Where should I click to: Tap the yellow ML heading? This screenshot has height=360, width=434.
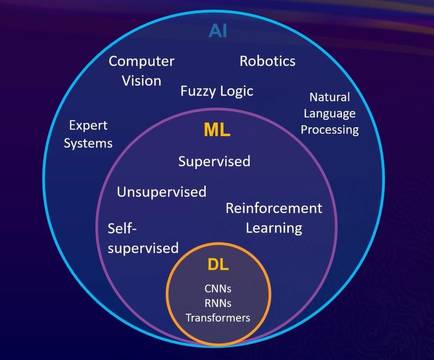point(217,131)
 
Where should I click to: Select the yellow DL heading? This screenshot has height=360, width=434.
point(218,264)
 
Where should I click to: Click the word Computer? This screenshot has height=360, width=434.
point(141,61)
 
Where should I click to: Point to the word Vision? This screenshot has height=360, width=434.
point(141,81)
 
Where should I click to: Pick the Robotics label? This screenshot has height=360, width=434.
point(268,61)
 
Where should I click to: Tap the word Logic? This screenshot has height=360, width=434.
point(237,91)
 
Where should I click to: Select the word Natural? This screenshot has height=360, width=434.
point(330,97)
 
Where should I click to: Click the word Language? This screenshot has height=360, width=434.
point(330,113)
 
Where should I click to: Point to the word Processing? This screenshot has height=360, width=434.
point(330,129)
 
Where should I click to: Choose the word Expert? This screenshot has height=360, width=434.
point(88,125)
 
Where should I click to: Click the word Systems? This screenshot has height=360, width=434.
point(88,143)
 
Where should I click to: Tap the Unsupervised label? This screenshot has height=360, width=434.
point(161,192)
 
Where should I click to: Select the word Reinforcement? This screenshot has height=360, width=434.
point(274,208)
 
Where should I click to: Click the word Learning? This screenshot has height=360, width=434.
point(274,228)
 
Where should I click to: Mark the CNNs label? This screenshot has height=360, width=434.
point(218,288)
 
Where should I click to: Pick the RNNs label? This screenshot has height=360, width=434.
point(218,303)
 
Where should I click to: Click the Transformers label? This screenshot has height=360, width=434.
point(218,318)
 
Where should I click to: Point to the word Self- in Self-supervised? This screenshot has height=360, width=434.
point(125,229)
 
